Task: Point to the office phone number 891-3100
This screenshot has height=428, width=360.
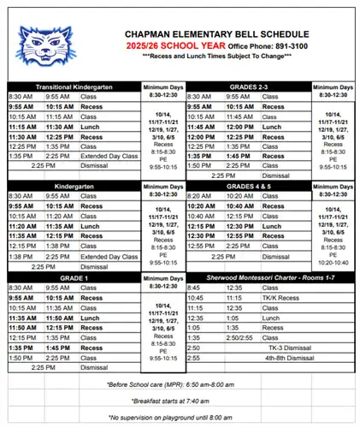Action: pos(286,45)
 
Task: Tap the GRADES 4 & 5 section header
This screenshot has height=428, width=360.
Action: pos(248,184)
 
